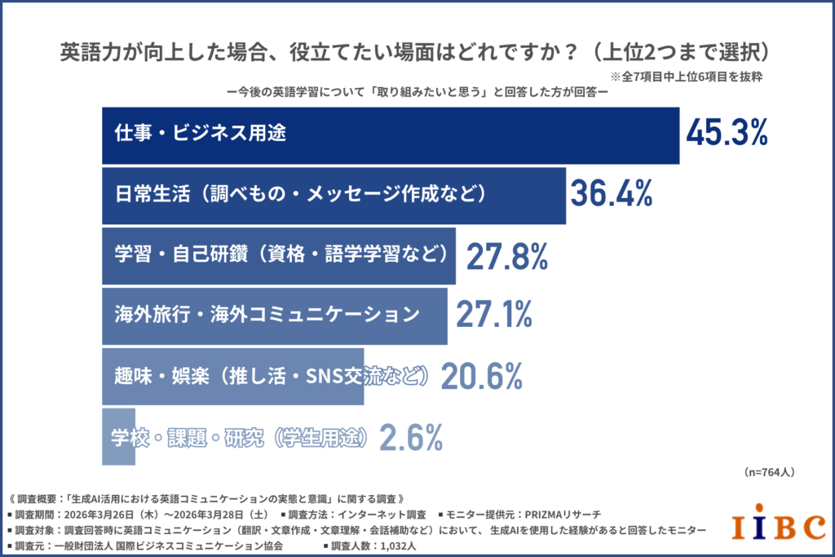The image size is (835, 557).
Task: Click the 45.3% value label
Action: click(x=727, y=133)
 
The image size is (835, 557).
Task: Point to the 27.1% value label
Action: click(x=493, y=314)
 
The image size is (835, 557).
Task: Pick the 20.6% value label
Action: click(x=481, y=375)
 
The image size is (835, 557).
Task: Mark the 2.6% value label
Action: click(x=412, y=437)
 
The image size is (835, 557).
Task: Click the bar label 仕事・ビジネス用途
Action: click(x=201, y=134)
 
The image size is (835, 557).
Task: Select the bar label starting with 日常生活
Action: click(x=301, y=194)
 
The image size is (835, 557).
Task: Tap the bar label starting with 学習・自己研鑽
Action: click(x=281, y=254)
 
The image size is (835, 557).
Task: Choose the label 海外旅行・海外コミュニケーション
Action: click(x=267, y=314)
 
